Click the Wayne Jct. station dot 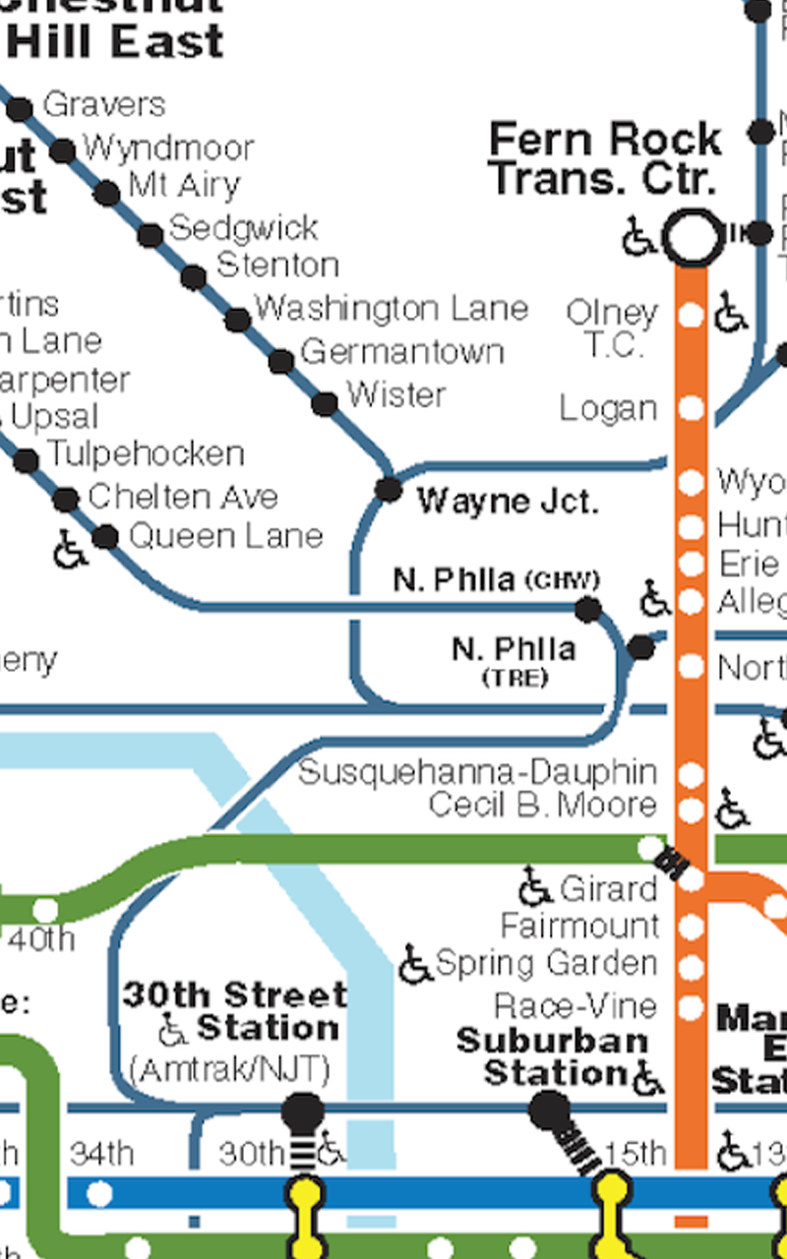coord(389,489)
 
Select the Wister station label coord(396,394)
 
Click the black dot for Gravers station coord(20,108)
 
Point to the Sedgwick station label coord(244,228)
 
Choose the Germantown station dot coord(281,361)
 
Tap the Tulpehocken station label coord(146,454)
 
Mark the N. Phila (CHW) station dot coord(588,610)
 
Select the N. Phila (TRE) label coord(514,660)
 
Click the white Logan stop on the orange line coord(692,407)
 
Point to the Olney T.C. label coord(612,329)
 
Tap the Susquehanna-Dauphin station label coord(477,772)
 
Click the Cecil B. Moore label coord(542,805)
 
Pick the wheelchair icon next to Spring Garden coord(415,965)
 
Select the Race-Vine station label coord(575,1005)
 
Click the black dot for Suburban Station coord(548,1111)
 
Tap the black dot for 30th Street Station coord(303,1112)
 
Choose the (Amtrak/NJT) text coord(229,1069)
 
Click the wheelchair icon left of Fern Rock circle coord(639,237)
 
